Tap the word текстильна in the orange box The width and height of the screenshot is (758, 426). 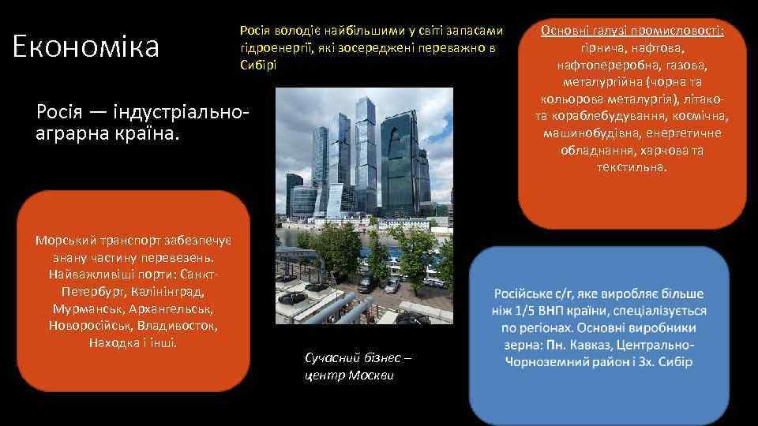pyautogui.click(x=632, y=167)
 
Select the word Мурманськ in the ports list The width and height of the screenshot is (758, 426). pyautogui.click(x=84, y=308)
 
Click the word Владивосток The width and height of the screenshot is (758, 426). pyautogui.click(x=178, y=326)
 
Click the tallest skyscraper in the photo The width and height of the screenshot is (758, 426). pyautogui.click(x=365, y=150)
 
